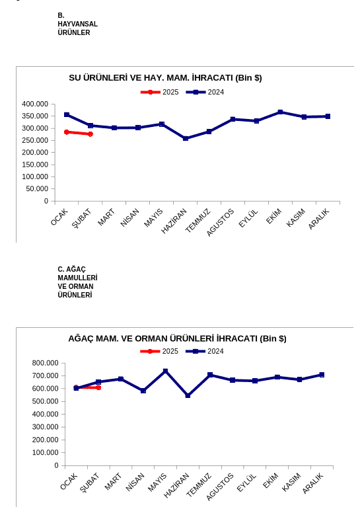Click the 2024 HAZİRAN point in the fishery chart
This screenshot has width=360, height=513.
pyautogui.click(x=186, y=138)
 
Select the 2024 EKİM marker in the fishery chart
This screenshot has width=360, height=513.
pyautogui.click(x=280, y=112)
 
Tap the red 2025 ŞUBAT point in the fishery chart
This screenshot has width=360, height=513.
pyautogui.click(x=90, y=134)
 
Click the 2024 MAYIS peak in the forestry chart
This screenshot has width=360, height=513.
pyautogui.click(x=165, y=371)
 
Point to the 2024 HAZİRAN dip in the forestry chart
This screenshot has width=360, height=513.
pyautogui.click(x=188, y=395)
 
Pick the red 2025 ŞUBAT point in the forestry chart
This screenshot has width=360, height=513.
pyautogui.click(x=98, y=387)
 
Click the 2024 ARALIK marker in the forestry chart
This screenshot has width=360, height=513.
pyautogui.click(x=322, y=375)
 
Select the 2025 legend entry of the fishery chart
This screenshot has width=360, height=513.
pyautogui.click(x=160, y=93)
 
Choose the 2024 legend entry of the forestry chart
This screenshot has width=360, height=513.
pyautogui.click(x=205, y=352)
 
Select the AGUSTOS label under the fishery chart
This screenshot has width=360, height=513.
pyautogui.click(x=221, y=223)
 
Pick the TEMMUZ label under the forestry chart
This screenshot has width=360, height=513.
pyautogui.click(x=199, y=485)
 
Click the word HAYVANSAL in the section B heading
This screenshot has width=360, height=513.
pyautogui.click(x=77, y=24)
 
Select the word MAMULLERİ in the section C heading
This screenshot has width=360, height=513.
pyautogui.click(x=77, y=278)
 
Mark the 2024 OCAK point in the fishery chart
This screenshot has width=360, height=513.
pyautogui.click(x=67, y=114)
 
